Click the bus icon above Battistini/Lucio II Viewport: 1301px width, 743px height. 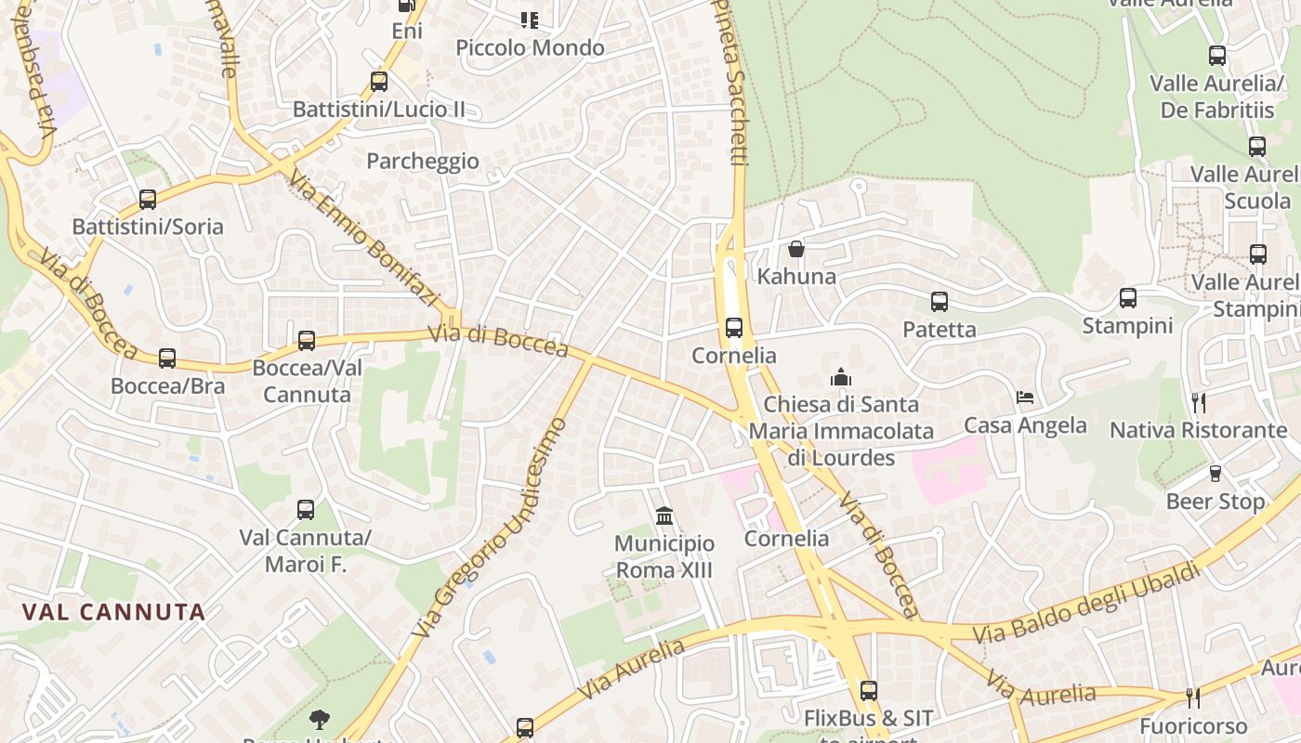pos(379,81)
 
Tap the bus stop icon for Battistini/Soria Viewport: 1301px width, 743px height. pos(148,199)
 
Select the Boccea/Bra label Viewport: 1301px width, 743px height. pos(167,385)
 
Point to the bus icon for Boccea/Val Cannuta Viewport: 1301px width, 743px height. pos(307,341)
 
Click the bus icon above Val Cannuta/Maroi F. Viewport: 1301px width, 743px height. pos(306,509)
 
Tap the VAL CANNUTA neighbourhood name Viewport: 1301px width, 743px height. pos(113,612)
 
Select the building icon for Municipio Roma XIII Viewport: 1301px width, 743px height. pos(664,515)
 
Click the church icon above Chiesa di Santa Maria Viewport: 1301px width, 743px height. pos(841,376)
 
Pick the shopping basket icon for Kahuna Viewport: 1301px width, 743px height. pos(796,249)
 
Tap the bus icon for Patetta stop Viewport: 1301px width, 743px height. pos(940,301)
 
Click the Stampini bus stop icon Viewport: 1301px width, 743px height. pos(1128,298)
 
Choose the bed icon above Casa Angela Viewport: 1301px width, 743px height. pos(1025,398)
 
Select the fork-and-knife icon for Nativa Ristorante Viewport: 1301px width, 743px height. pos(1199,402)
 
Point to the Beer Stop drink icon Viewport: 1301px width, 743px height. pos(1215,474)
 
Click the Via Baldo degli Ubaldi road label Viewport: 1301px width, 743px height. pos(1086,604)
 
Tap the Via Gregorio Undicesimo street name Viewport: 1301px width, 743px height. pos(491,528)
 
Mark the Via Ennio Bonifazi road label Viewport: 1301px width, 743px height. pos(363,238)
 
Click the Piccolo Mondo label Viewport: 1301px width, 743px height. pos(530,47)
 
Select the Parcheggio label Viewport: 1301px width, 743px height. pos(423,161)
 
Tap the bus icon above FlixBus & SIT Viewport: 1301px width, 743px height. pos(869,690)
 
